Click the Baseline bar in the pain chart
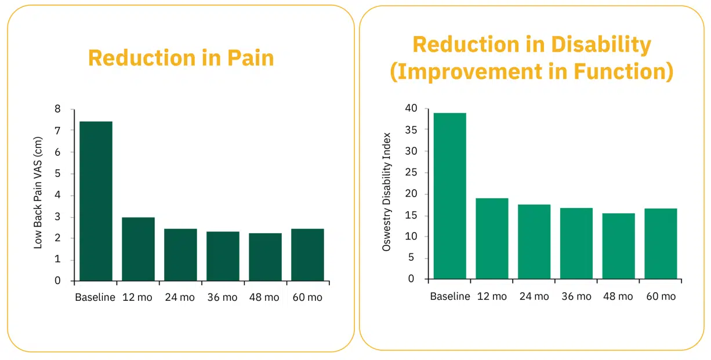(96, 201)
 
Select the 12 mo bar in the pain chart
(138, 249)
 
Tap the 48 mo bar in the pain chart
(265, 257)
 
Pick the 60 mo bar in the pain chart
(307, 255)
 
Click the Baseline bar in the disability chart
(450, 196)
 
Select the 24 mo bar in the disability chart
(534, 242)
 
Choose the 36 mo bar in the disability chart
(576, 243)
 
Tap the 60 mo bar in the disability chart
(661, 243)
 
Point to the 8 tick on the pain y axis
(57, 110)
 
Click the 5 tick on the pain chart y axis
(57, 174)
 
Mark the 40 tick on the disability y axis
(411, 108)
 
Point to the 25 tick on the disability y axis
(411, 173)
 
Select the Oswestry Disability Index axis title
(387, 192)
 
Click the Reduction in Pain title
(181, 58)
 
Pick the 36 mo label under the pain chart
(222, 297)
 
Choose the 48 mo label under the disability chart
(618, 296)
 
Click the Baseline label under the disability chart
(450, 296)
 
